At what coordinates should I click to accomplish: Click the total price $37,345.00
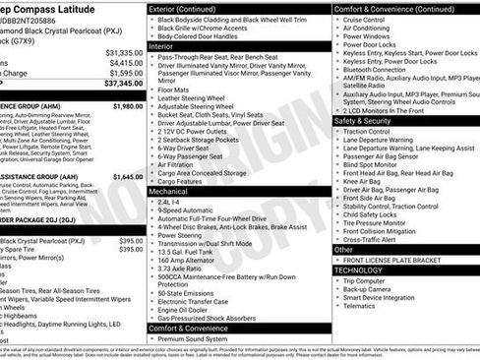pos(123,85)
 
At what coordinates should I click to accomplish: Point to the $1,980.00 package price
pos(128,105)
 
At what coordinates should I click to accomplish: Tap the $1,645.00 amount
pos(128,178)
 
